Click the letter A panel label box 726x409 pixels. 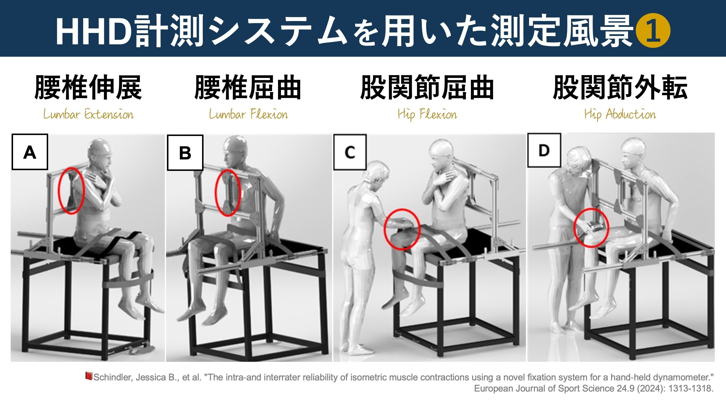(x=30, y=152)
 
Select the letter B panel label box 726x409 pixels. (x=185, y=153)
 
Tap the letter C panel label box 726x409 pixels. (x=350, y=152)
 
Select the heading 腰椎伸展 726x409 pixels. (x=88, y=87)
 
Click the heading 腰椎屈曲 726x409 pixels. (x=248, y=87)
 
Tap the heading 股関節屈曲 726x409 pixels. (x=427, y=87)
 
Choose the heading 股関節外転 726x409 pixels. (x=620, y=87)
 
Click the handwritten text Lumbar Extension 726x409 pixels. (x=88, y=115)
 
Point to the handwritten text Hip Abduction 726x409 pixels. (x=620, y=115)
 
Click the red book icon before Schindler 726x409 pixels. (x=89, y=376)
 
